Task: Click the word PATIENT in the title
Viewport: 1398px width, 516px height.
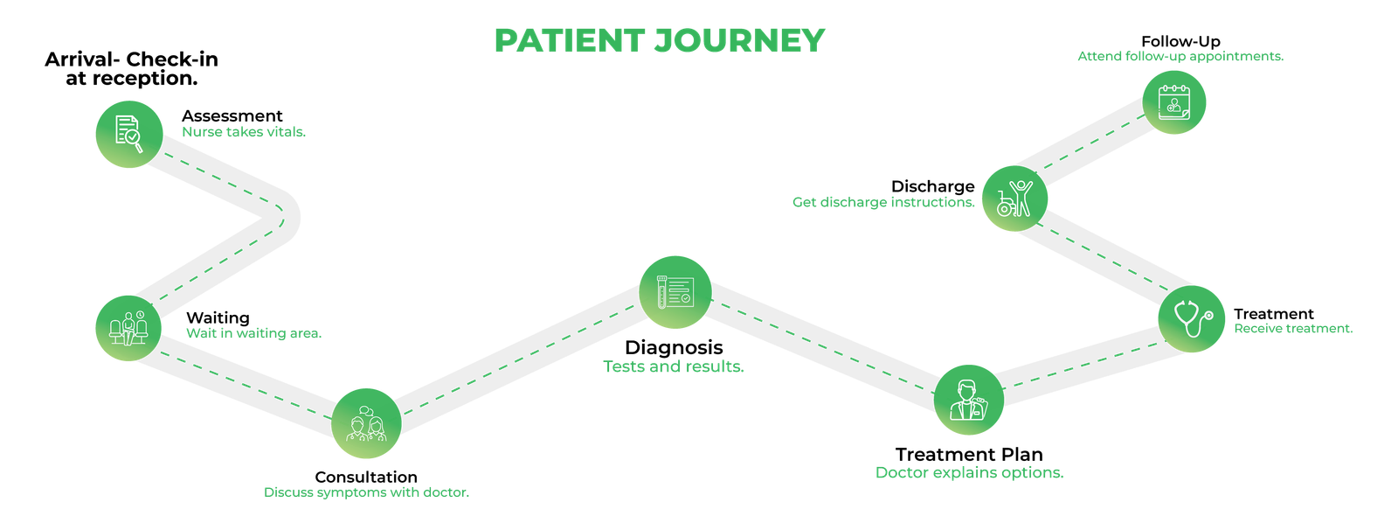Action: pyautogui.click(x=568, y=40)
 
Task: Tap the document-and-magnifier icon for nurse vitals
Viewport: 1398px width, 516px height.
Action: pyautogui.click(x=128, y=134)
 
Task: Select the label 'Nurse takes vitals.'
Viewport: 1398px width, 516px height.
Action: pyautogui.click(x=244, y=133)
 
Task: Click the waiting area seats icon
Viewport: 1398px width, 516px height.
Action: pyautogui.click(x=128, y=328)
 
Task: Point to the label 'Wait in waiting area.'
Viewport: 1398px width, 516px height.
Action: pyautogui.click(x=253, y=333)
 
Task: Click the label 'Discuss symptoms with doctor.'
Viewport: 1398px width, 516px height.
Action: pyautogui.click(x=367, y=492)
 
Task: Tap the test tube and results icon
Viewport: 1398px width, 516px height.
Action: pyautogui.click(x=675, y=292)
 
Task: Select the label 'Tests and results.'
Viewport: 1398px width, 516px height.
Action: pyautogui.click(x=674, y=367)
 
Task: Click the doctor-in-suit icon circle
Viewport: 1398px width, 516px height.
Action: pyautogui.click(x=968, y=401)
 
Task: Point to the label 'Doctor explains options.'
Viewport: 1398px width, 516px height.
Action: pyautogui.click(x=970, y=473)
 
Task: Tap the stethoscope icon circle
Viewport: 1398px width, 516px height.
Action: pyautogui.click(x=1192, y=318)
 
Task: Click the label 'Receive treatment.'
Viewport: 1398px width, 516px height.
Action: pyautogui.click(x=1293, y=329)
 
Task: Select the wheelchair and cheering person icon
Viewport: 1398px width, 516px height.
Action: pyautogui.click(x=1014, y=199)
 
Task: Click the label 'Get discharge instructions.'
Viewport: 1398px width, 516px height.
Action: pyautogui.click(x=883, y=203)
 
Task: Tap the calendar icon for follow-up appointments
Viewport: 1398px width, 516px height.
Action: pyautogui.click(x=1174, y=101)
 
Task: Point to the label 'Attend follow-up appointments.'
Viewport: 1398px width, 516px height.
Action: pyautogui.click(x=1180, y=57)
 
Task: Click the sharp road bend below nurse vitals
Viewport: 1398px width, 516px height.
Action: pyautogui.click(x=285, y=214)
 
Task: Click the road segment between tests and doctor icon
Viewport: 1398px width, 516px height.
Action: pyautogui.click(x=821, y=346)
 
